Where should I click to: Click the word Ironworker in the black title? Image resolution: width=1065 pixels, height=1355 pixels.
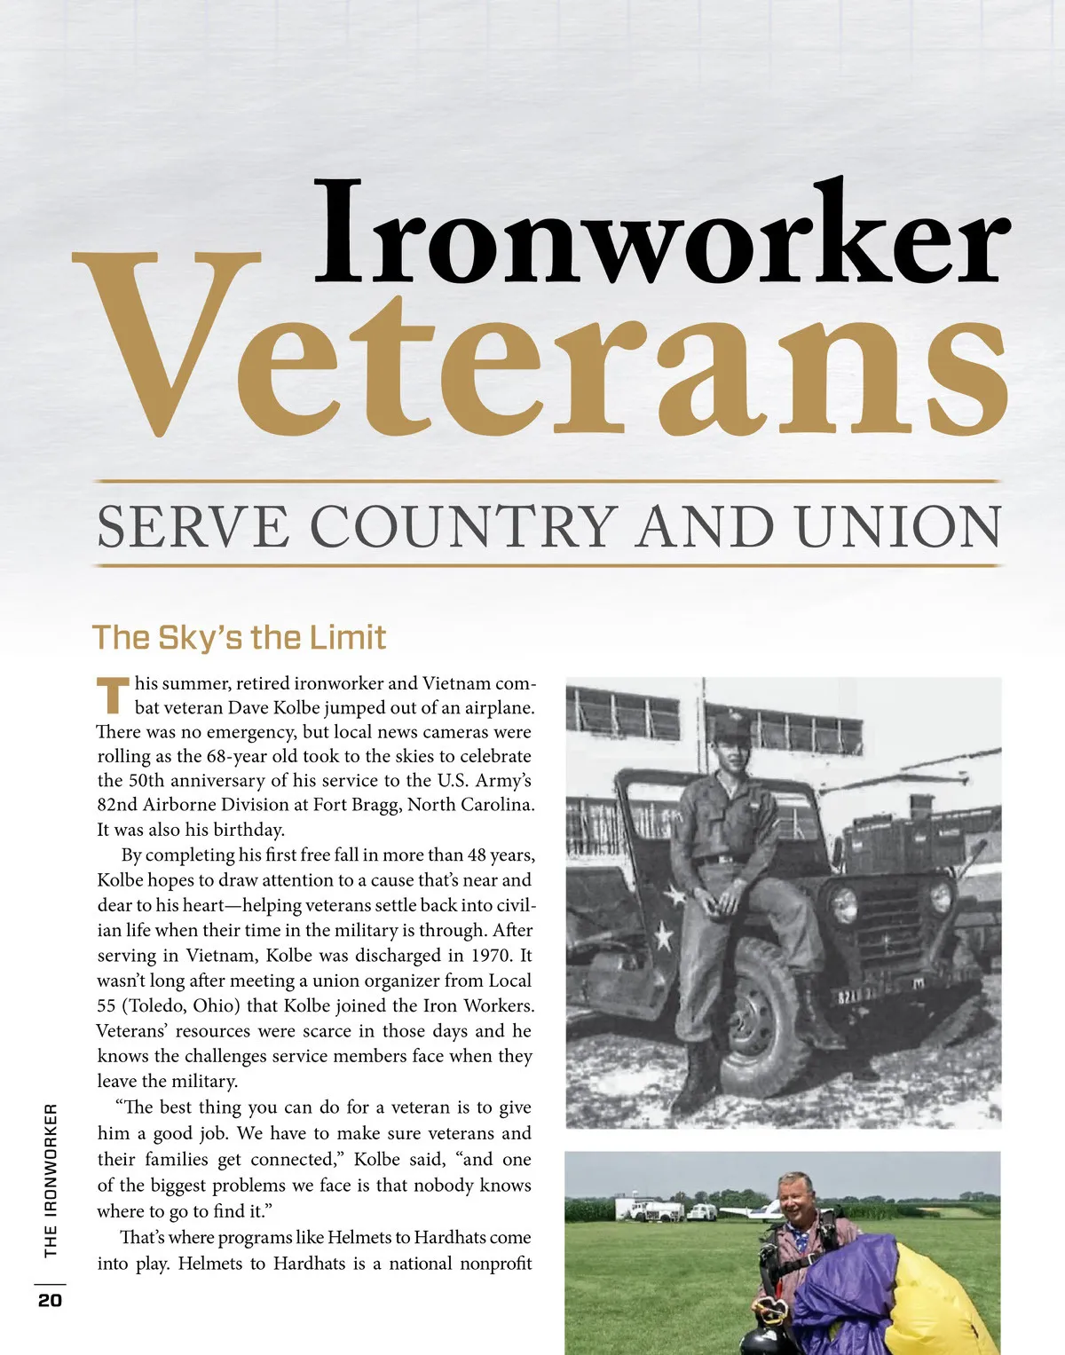[661, 232]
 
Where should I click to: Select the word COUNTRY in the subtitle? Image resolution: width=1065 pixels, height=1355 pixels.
[463, 526]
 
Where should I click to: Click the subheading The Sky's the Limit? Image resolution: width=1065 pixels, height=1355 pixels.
[239, 637]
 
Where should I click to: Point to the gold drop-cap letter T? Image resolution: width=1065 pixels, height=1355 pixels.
[112, 695]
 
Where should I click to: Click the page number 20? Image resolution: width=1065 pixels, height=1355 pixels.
[50, 1300]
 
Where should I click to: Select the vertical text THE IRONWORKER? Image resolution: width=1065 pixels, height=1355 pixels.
[51, 1180]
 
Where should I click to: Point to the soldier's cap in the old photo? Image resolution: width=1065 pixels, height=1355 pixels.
[731, 729]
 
